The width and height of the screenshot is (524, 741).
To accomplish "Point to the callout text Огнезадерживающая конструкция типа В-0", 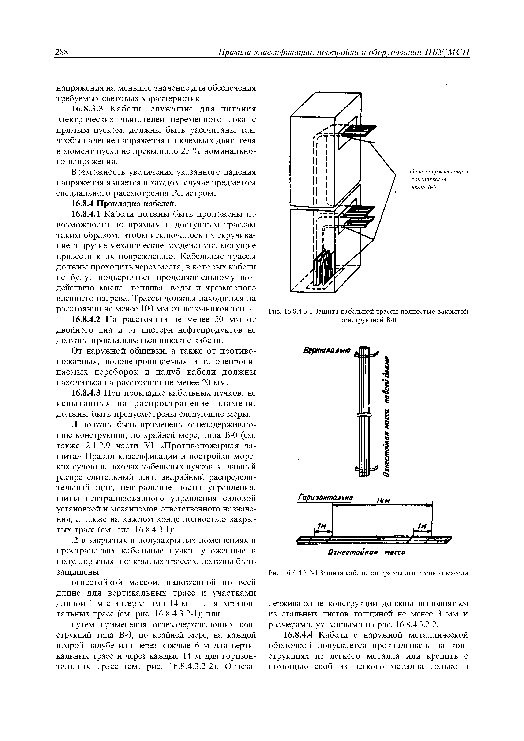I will (x=439, y=180).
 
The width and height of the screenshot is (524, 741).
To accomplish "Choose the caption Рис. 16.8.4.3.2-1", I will (x=368, y=573).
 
